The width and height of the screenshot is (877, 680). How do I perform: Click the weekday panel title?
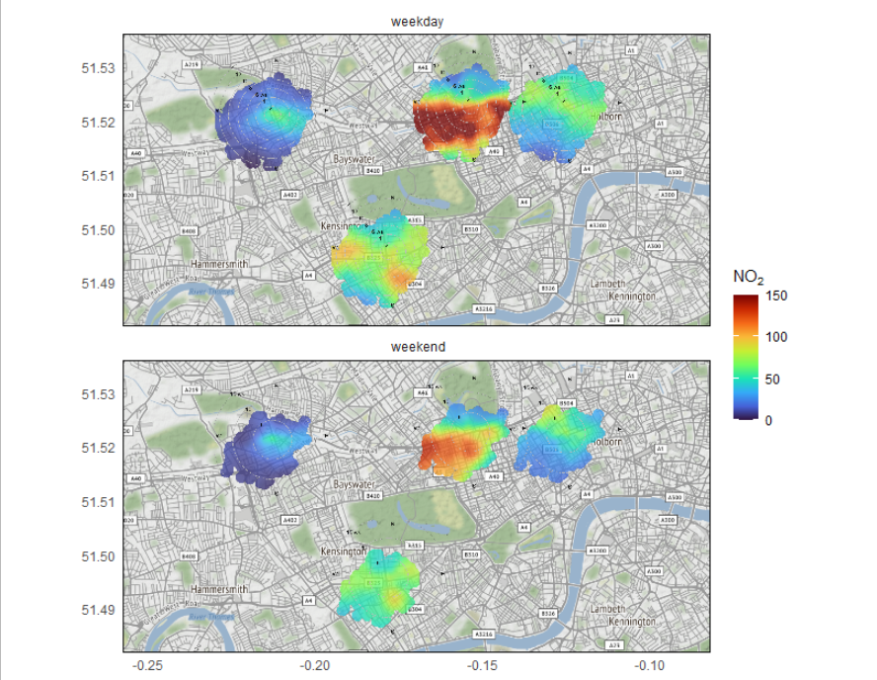tap(416, 22)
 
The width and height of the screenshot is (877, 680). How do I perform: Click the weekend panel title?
tap(417, 347)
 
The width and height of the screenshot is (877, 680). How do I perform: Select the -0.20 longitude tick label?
tap(315, 665)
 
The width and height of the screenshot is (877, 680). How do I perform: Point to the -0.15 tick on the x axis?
tap(482, 665)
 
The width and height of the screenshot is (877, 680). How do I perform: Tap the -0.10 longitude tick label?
tap(648, 665)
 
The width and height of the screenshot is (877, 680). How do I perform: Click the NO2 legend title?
tap(749, 277)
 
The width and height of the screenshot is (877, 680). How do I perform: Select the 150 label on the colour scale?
tap(776, 295)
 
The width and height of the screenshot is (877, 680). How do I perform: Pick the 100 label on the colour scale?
tap(776, 337)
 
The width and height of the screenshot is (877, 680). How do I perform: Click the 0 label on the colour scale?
tap(769, 420)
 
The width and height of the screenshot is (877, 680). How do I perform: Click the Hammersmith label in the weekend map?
tap(219, 589)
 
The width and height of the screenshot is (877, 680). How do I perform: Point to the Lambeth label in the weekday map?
tap(607, 283)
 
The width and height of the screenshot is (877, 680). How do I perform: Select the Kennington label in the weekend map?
tap(632, 622)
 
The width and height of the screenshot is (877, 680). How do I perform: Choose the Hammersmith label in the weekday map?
tap(219, 265)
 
